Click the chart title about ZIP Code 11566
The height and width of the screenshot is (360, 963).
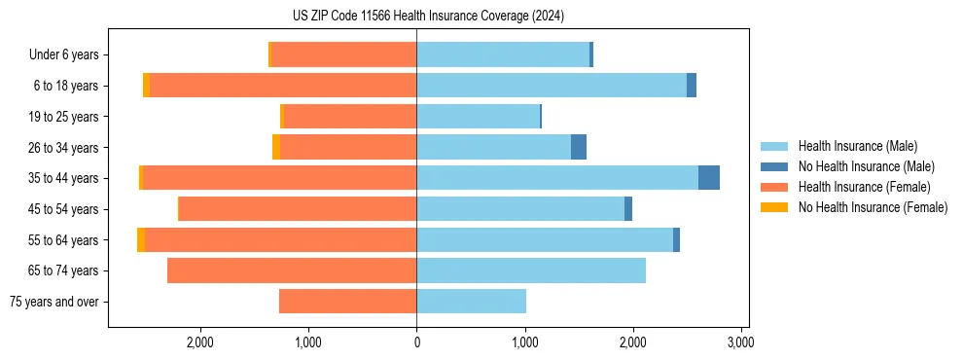point(428,16)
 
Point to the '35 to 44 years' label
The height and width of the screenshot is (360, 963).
point(63,178)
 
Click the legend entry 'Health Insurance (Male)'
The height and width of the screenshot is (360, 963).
point(857,146)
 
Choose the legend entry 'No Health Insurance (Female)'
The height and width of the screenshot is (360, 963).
point(873,207)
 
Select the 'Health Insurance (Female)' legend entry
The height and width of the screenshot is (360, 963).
point(864,187)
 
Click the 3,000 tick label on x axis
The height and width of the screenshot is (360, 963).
point(740,342)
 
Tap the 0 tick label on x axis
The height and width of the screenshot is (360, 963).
point(416,342)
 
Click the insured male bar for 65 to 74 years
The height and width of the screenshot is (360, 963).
point(531,270)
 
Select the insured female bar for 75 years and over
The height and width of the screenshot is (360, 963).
point(347,302)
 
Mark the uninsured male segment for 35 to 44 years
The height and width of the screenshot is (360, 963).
point(709,178)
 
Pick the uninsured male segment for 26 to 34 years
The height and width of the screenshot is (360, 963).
point(579,147)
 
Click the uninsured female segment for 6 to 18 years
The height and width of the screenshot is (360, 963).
point(146,86)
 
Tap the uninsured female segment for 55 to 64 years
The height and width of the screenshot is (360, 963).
point(141,239)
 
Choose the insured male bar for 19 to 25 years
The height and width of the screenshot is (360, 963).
point(478,117)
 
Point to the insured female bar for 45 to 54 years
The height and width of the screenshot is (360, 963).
point(298,209)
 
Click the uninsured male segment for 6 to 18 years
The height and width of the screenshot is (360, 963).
point(692,86)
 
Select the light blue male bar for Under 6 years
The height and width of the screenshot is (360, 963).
point(503,54)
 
